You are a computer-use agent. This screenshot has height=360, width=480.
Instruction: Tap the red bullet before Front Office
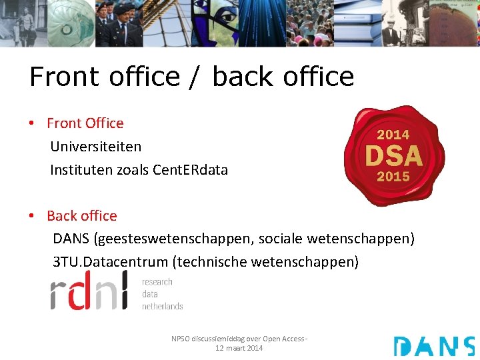pos(31,124)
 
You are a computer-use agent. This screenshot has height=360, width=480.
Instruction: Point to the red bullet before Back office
pos(31,217)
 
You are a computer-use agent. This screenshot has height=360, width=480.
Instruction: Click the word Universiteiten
pos(96,147)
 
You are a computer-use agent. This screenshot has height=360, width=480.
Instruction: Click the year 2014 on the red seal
pos(393,135)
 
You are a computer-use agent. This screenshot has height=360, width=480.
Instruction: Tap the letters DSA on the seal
pos(393,156)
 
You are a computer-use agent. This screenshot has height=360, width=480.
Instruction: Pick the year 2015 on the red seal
pos(393,177)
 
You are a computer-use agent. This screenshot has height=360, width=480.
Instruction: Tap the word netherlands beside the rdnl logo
pos(162,306)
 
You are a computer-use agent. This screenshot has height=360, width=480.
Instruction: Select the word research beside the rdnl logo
pos(157,282)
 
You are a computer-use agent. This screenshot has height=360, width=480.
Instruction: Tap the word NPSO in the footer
pos(181,339)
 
